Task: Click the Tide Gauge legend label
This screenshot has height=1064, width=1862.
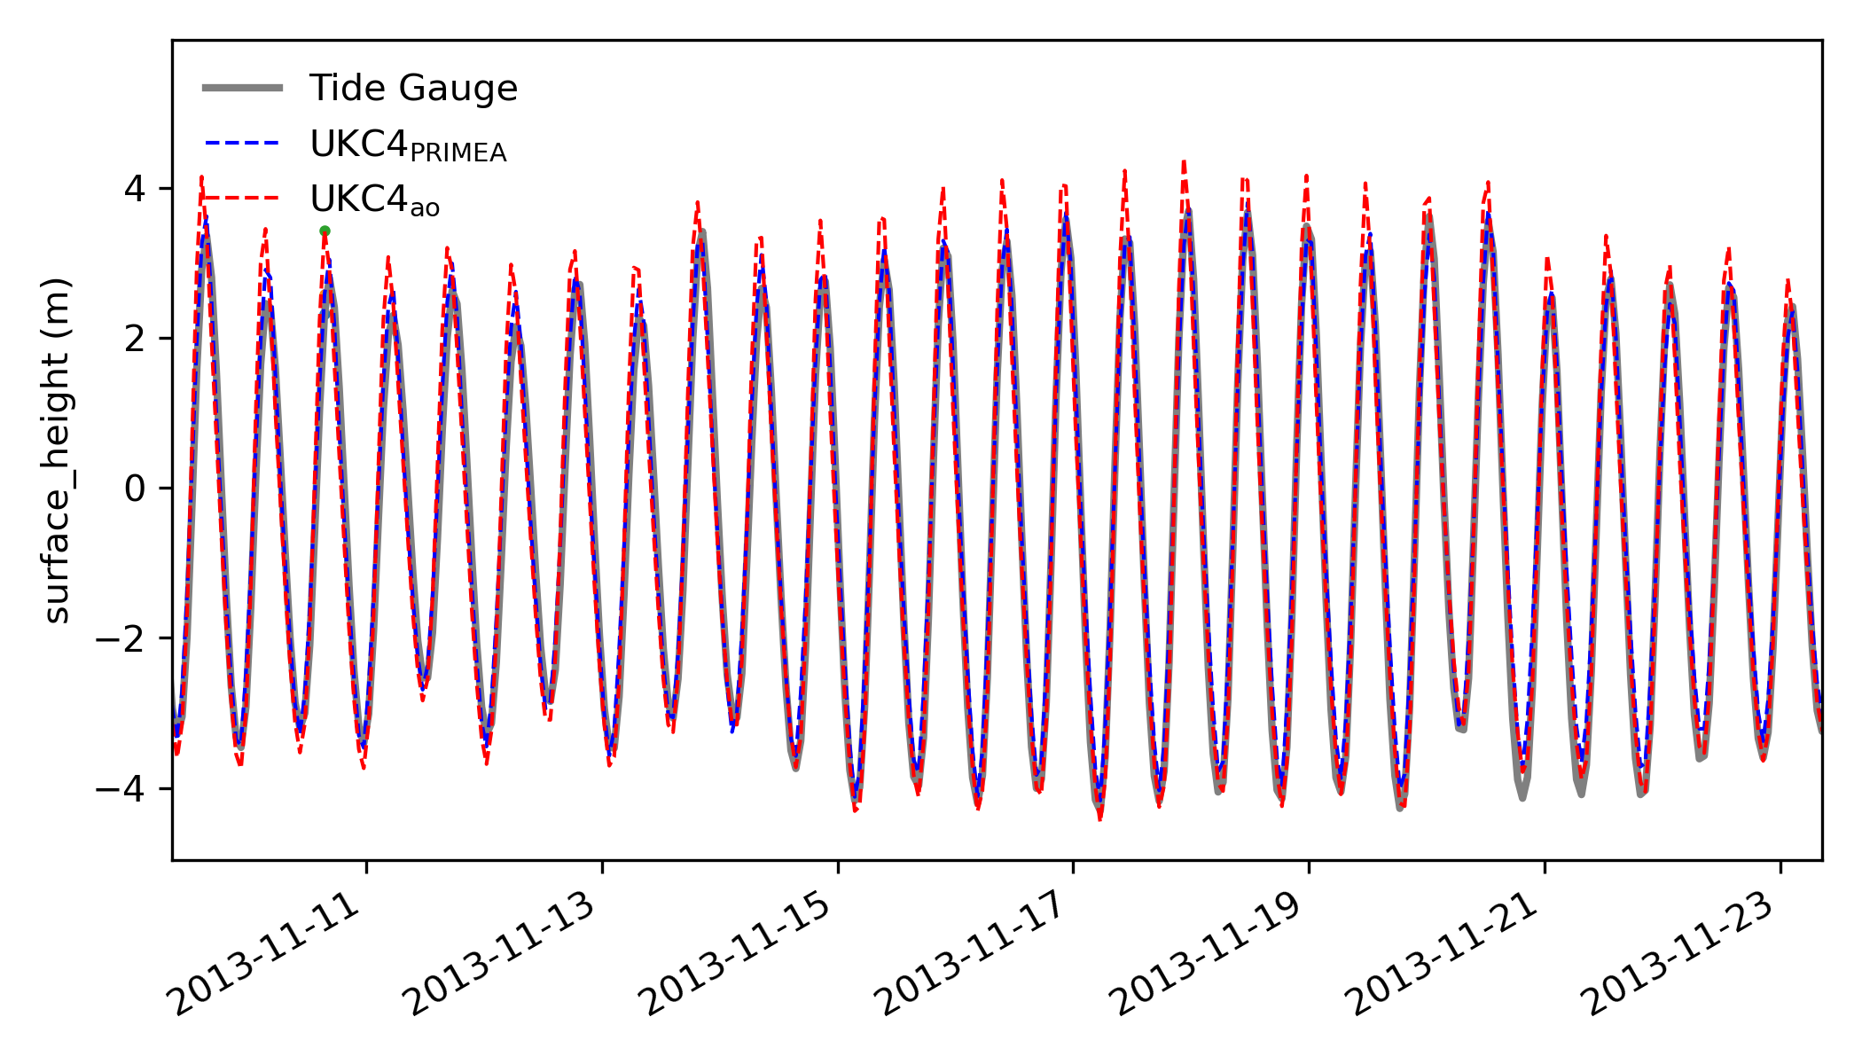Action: click(412, 89)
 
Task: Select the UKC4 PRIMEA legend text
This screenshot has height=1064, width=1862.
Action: click(408, 145)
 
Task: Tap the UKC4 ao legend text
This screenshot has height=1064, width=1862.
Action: click(374, 201)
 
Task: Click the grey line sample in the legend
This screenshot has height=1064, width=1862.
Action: click(242, 88)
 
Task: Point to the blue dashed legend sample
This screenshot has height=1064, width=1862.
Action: click(242, 143)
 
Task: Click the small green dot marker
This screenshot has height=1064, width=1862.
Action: click(325, 231)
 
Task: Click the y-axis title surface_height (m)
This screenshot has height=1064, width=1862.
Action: click(58, 450)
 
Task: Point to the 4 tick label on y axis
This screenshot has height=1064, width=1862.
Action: click(136, 189)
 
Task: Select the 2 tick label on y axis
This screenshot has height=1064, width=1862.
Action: click(136, 339)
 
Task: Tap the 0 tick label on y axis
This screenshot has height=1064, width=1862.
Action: click(136, 489)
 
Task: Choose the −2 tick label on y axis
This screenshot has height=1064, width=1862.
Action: click(122, 638)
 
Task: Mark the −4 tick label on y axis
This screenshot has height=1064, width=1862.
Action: click(122, 788)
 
